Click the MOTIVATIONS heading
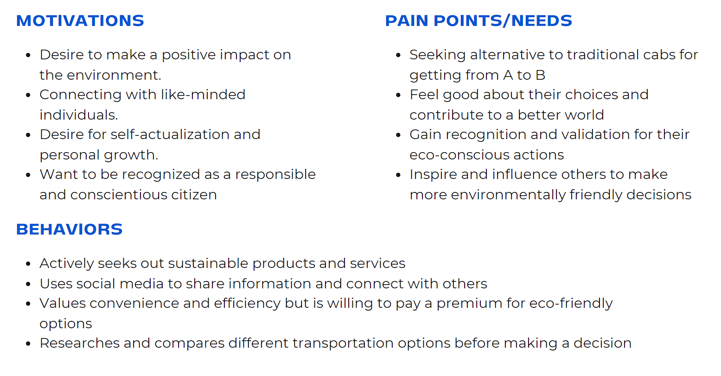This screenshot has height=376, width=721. (80, 20)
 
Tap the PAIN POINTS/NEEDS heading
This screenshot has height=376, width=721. (479, 20)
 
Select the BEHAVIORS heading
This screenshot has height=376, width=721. (70, 229)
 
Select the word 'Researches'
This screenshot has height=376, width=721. (79, 343)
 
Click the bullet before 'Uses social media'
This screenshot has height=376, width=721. (28, 284)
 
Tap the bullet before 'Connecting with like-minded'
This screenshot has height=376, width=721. (28, 96)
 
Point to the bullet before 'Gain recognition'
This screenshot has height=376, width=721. (398, 135)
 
